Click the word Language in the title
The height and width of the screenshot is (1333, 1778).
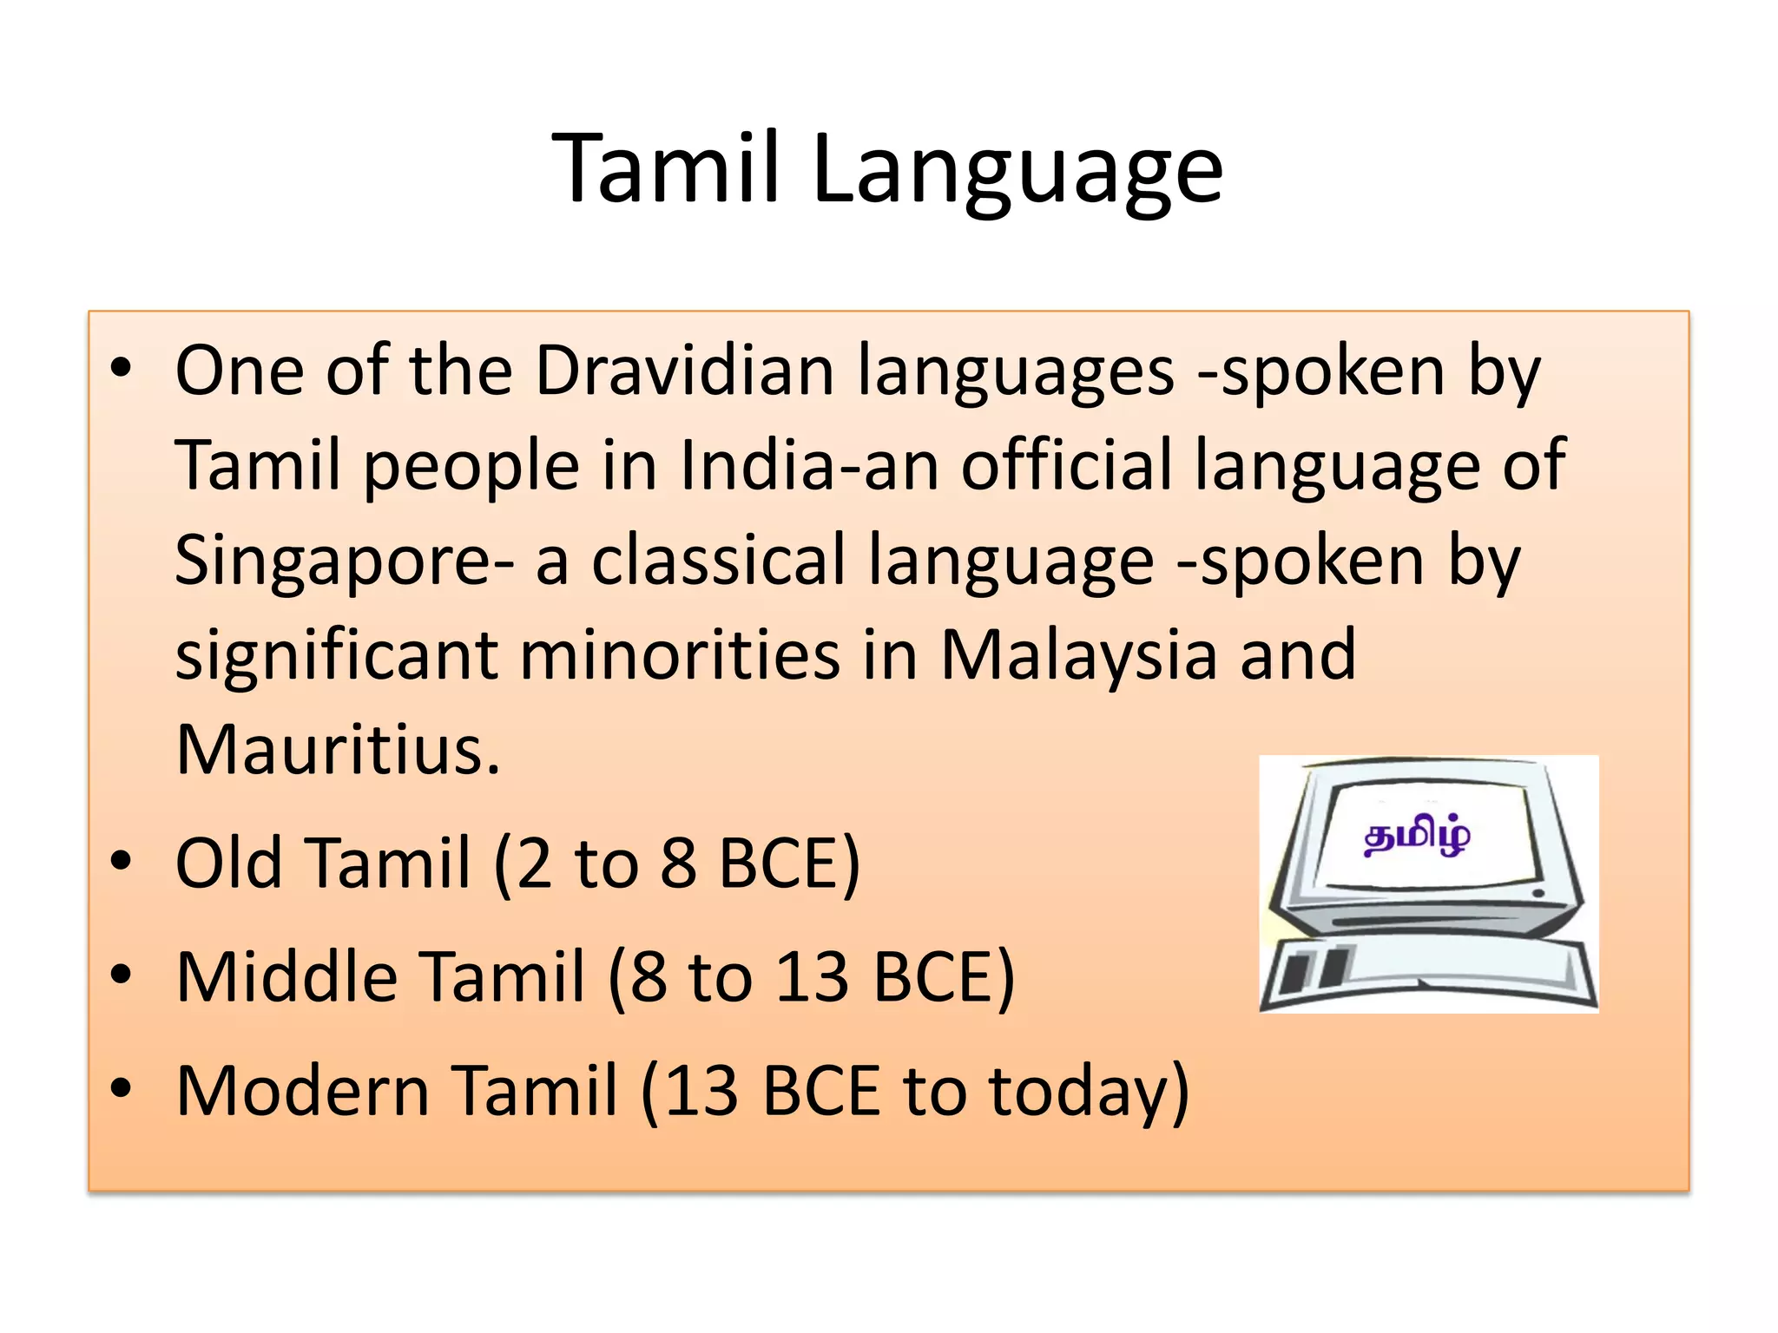click(x=1017, y=171)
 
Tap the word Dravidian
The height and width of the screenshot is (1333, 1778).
click(x=684, y=371)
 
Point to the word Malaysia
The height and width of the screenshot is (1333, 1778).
click(x=1079, y=656)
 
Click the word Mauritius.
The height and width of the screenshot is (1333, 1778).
click(x=338, y=750)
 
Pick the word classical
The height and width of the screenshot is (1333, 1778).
click(x=717, y=560)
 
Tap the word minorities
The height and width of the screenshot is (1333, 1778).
click(x=680, y=654)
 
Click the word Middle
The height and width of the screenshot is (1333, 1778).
click(x=293, y=977)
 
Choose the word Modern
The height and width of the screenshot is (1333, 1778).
click(x=302, y=1091)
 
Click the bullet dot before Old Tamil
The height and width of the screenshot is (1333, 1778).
click(x=121, y=861)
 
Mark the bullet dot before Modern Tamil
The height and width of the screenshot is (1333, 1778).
click(x=121, y=1087)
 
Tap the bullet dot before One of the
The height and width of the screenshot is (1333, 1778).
click(x=121, y=368)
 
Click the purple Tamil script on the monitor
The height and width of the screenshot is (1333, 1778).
click(x=1417, y=837)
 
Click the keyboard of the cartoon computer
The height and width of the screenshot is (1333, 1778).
click(x=1429, y=975)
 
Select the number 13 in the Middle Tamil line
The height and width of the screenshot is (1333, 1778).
click(x=811, y=977)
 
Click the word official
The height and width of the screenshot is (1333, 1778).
click(x=1066, y=466)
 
